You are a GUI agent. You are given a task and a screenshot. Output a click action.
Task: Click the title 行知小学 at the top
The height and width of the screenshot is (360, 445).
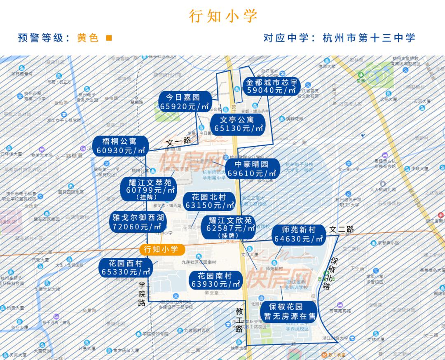(223, 16)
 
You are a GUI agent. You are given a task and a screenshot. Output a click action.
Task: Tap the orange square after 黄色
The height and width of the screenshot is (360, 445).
(109, 38)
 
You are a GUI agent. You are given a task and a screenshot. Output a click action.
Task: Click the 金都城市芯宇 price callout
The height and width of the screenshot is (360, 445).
(272, 86)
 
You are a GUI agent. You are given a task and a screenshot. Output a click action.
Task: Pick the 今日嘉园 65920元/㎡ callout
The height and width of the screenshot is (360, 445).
(183, 102)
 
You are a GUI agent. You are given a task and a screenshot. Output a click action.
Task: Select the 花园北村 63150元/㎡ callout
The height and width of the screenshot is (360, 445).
(210, 201)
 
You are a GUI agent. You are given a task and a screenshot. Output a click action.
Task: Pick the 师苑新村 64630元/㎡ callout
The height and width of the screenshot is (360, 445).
(299, 234)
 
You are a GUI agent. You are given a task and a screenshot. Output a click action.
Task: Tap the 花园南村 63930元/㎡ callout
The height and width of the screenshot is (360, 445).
(214, 280)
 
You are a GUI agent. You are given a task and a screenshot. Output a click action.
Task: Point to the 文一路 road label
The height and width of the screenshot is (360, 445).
(178, 141)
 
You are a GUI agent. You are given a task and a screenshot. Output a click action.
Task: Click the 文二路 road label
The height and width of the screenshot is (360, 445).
(341, 229)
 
